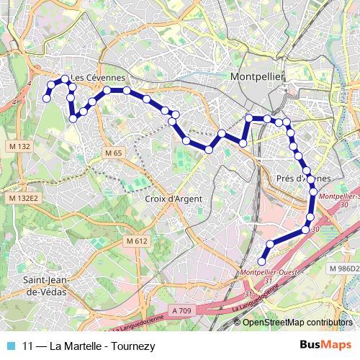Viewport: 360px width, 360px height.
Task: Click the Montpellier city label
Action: [x=258, y=76]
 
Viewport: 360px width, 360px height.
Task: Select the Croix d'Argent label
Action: [x=173, y=199]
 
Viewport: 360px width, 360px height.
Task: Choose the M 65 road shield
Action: [x=113, y=153]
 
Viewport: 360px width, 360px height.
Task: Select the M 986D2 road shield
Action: [x=343, y=268]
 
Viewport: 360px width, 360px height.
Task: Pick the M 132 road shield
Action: [x=20, y=146]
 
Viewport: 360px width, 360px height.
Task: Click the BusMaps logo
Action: [x=325, y=345]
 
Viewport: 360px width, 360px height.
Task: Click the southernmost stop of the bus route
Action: [x=261, y=261]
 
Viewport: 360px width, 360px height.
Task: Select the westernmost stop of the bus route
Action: [x=46, y=99]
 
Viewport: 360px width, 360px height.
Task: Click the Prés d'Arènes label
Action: [x=303, y=178]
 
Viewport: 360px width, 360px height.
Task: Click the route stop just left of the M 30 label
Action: [x=305, y=230]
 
